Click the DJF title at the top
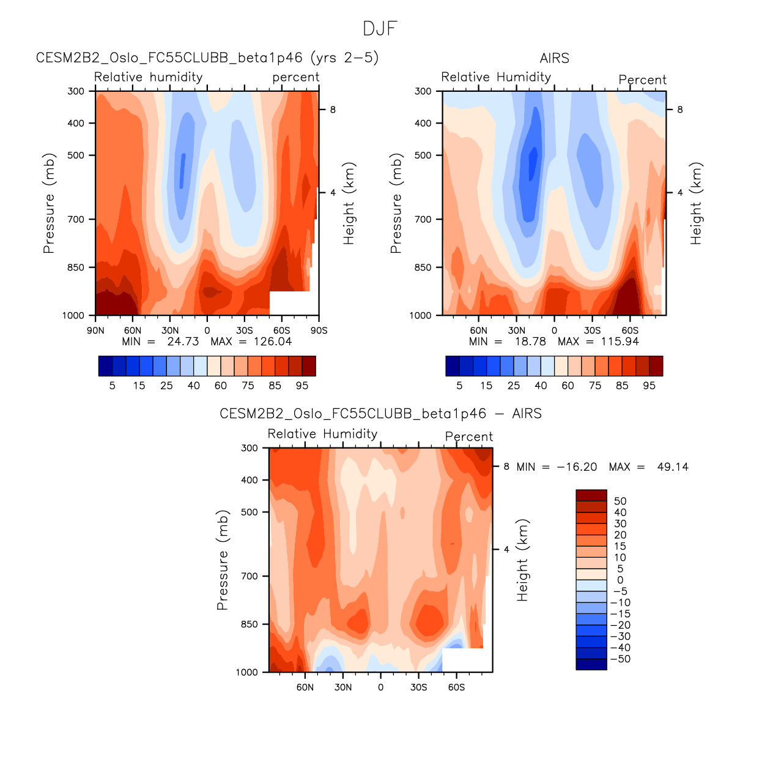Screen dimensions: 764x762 [x=380, y=29]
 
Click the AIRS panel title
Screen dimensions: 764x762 [x=554, y=58]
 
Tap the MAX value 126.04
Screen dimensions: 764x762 [x=273, y=342]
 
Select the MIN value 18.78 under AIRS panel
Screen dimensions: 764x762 [x=530, y=342]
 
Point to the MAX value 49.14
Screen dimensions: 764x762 [x=673, y=467]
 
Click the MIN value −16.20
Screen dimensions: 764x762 [x=577, y=467]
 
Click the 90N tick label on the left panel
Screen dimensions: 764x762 [x=95, y=331]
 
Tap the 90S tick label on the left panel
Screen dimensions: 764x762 [x=319, y=331]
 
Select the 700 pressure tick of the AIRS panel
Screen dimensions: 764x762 [x=423, y=219]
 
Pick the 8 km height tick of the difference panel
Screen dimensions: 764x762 [x=506, y=466]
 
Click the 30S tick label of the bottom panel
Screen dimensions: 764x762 [x=418, y=687]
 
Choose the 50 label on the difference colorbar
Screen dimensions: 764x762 [x=620, y=501]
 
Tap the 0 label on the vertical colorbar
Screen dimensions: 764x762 [x=620, y=580]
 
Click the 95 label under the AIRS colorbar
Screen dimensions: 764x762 [x=649, y=386]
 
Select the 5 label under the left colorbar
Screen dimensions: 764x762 [x=113, y=386]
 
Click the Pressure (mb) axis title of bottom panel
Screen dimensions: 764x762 [x=222, y=560]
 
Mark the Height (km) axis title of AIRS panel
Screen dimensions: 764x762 [x=696, y=204]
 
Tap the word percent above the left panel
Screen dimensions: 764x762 [x=296, y=77]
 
